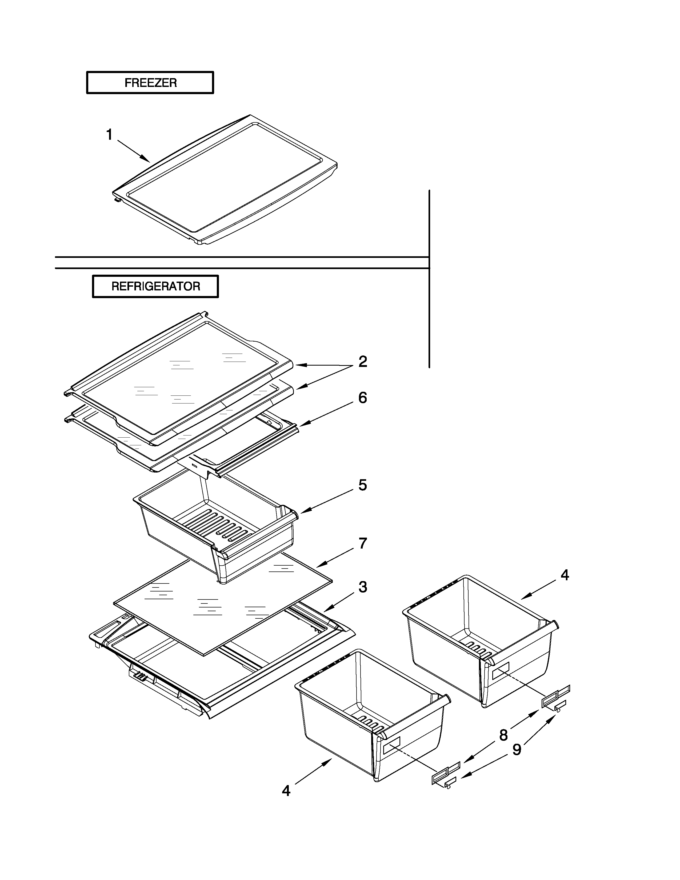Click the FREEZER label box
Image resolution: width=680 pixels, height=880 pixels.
coord(150,83)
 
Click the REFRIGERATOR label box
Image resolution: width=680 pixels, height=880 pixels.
coord(155,286)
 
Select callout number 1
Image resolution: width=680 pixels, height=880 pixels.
coord(109,135)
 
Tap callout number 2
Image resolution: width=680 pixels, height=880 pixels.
coord(363,361)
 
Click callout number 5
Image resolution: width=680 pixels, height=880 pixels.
coord(363,485)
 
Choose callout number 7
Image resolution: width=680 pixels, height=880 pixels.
coord(363,543)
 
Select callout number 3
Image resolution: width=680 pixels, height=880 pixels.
coord(363,587)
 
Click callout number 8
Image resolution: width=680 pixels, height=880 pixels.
coord(503,735)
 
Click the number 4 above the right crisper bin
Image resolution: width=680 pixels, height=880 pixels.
coord(565,575)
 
